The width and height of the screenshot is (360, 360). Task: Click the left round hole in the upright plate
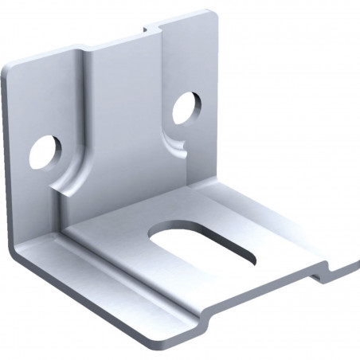tap(45, 151)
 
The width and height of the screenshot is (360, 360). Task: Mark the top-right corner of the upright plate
tap(212, 14)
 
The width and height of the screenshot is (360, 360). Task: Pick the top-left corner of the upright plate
tap(6, 70)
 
